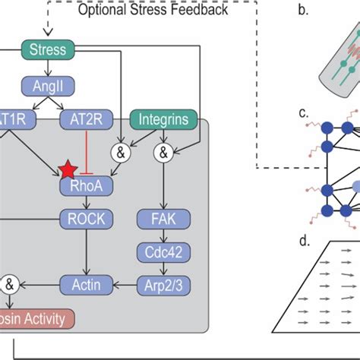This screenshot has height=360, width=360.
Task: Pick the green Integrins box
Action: pos(163,119)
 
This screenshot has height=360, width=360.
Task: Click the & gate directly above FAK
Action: pos(163,153)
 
